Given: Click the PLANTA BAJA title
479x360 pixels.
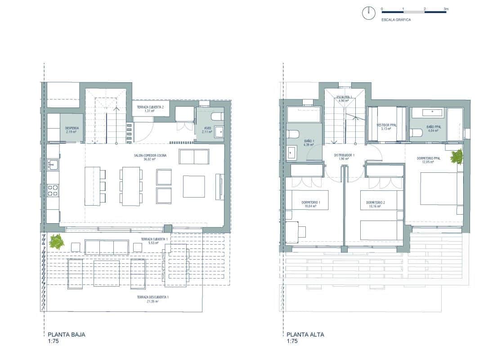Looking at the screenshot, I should pyautogui.click(x=66, y=334).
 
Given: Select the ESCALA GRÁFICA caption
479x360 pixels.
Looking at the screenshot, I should pyautogui.click(x=396, y=20).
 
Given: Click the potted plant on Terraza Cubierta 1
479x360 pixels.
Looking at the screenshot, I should pyautogui.click(x=57, y=242).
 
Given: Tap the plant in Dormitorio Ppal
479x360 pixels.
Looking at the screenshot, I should pyautogui.click(x=457, y=157).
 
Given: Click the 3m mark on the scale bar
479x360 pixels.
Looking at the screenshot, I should pyautogui.click(x=445, y=9).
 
